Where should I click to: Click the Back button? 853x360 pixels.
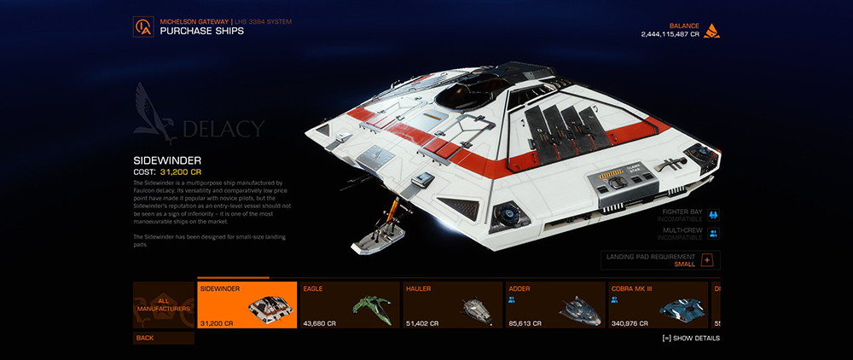tap(163, 338)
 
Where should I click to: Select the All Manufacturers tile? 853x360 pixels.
tap(163, 305)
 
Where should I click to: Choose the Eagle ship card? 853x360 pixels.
tap(349, 305)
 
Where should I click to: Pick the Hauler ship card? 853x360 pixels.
tap(451, 305)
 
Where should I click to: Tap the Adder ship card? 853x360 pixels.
tap(554, 305)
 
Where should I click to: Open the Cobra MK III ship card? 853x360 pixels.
tap(658, 305)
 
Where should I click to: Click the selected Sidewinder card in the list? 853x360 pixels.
tap(247, 305)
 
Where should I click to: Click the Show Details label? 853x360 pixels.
tap(691, 338)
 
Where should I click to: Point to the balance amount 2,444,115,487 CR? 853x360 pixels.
tap(670, 34)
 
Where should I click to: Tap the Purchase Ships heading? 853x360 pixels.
tap(201, 31)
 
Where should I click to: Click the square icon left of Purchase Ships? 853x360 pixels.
tap(143, 27)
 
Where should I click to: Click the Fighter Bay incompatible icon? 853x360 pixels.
tap(713, 215)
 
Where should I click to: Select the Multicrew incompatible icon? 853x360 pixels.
tap(713, 233)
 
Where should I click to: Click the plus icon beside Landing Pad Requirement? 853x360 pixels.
tap(707, 259)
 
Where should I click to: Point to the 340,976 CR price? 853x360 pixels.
tap(629, 323)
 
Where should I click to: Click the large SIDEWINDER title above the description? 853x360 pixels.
tap(166, 160)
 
